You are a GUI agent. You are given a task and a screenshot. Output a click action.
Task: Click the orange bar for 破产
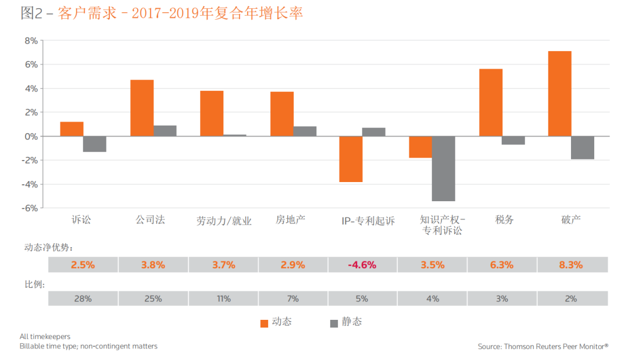[559, 94]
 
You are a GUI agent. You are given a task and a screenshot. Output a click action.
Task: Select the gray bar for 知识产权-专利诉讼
[444, 168]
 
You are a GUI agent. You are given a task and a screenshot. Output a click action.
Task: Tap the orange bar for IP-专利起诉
[351, 159]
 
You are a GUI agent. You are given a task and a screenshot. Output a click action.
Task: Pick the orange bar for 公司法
[142, 108]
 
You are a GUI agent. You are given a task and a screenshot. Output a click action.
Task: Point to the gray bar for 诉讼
[95, 144]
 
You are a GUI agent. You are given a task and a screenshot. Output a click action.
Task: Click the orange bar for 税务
[490, 102]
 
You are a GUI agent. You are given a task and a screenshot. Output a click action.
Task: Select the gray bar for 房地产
[305, 131]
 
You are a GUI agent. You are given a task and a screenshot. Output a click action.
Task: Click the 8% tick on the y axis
[30, 41]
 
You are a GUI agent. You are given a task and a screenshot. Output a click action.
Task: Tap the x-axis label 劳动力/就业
[224, 220]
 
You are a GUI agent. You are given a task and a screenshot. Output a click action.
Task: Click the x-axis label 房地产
[290, 219]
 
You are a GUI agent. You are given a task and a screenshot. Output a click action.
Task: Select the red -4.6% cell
[362, 265]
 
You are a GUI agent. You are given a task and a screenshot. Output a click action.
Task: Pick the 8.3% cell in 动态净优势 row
[570, 265]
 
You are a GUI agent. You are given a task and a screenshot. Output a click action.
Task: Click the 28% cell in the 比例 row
[83, 298]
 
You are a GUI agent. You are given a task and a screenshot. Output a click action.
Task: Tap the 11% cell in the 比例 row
[223, 298]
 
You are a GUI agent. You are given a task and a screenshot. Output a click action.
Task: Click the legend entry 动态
[277, 322]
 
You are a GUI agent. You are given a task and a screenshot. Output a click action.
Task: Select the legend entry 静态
[347, 322]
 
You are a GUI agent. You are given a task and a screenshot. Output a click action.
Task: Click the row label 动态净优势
[48, 247]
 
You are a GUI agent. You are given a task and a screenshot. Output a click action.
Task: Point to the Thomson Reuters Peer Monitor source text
[543, 346]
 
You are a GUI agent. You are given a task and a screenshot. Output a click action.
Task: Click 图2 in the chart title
[32, 13]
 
